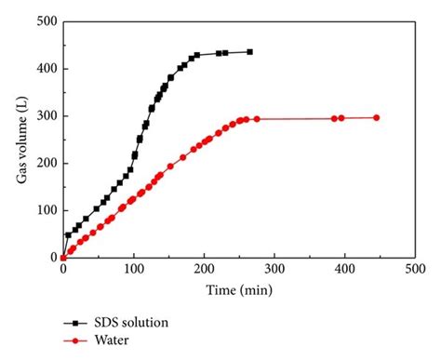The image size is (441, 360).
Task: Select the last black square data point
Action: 249,52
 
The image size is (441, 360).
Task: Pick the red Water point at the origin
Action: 63,258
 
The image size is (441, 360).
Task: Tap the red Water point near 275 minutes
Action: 257,118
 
